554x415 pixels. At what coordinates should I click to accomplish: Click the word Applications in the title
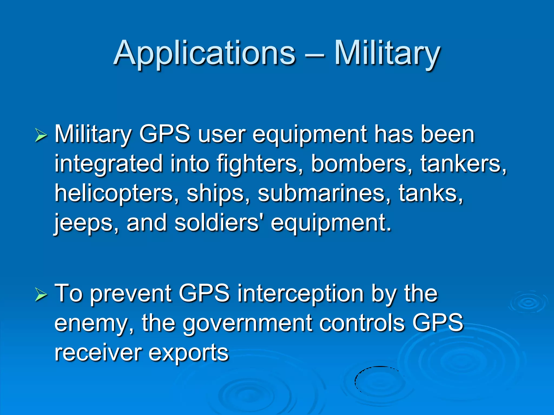(x=205, y=53)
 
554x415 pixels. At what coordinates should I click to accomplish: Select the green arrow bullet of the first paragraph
(x=41, y=135)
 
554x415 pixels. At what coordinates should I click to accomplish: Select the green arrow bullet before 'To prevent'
(x=41, y=294)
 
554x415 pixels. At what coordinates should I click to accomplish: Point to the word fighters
(x=260, y=164)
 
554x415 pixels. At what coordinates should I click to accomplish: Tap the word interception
(x=300, y=294)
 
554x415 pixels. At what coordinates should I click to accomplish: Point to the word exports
(x=188, y=353)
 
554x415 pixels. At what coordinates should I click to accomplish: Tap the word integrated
(x=108, y=164)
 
